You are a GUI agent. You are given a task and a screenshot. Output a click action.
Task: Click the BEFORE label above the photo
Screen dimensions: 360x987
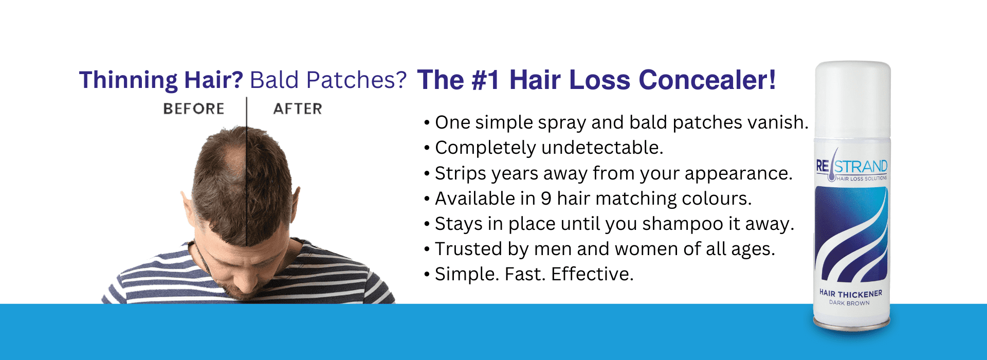[193, 109]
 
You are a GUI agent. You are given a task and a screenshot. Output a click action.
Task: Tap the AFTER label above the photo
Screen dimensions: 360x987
[298, 109]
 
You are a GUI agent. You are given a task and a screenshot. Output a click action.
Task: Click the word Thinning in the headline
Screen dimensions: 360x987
[128, 80]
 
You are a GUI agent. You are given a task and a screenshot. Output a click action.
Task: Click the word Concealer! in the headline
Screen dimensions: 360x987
[707, 80]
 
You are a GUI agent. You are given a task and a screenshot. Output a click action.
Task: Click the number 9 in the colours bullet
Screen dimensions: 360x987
[546, 199]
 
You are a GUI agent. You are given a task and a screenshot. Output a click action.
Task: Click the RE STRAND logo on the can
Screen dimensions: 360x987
[851, 167]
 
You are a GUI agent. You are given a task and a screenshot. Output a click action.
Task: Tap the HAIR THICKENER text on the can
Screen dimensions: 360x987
[850, 294]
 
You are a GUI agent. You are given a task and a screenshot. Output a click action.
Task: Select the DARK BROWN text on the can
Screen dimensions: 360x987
[849, 303]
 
